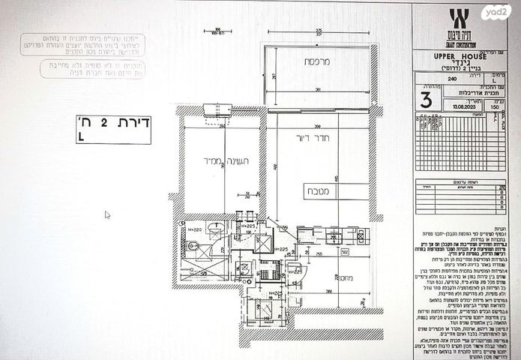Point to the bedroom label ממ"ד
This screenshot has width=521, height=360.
[x=202, y=160]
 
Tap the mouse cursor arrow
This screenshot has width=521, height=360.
[x=107, y=214]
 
